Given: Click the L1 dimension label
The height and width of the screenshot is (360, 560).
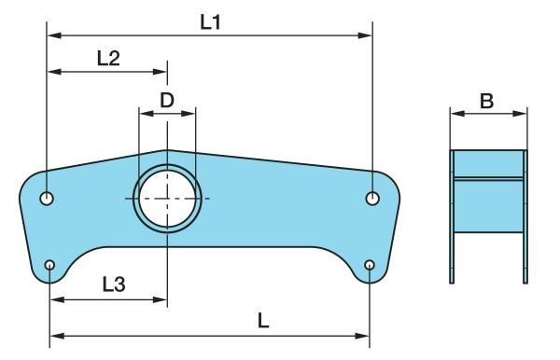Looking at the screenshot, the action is click(x=210, y=22).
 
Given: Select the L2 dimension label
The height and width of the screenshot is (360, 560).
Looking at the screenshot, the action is click(x=108, y=59).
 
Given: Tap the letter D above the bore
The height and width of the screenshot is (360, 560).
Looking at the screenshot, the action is click(x=167, y=100).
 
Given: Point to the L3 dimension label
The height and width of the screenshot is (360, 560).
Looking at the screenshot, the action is click(x=114, y=284).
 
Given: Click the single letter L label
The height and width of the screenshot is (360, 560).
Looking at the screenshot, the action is click(x=263, y=321).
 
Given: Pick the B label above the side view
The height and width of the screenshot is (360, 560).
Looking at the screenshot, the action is click(x=487, y=101).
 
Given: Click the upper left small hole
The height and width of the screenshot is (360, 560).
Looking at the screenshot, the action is click(x=47, y=199).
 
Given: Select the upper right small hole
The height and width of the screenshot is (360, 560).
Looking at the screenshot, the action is click(x=372, y=199).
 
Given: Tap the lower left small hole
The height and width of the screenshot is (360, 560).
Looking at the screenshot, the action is click(x=49, y=265).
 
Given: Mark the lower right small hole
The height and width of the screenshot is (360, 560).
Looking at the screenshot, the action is click(x=370, y=265).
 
